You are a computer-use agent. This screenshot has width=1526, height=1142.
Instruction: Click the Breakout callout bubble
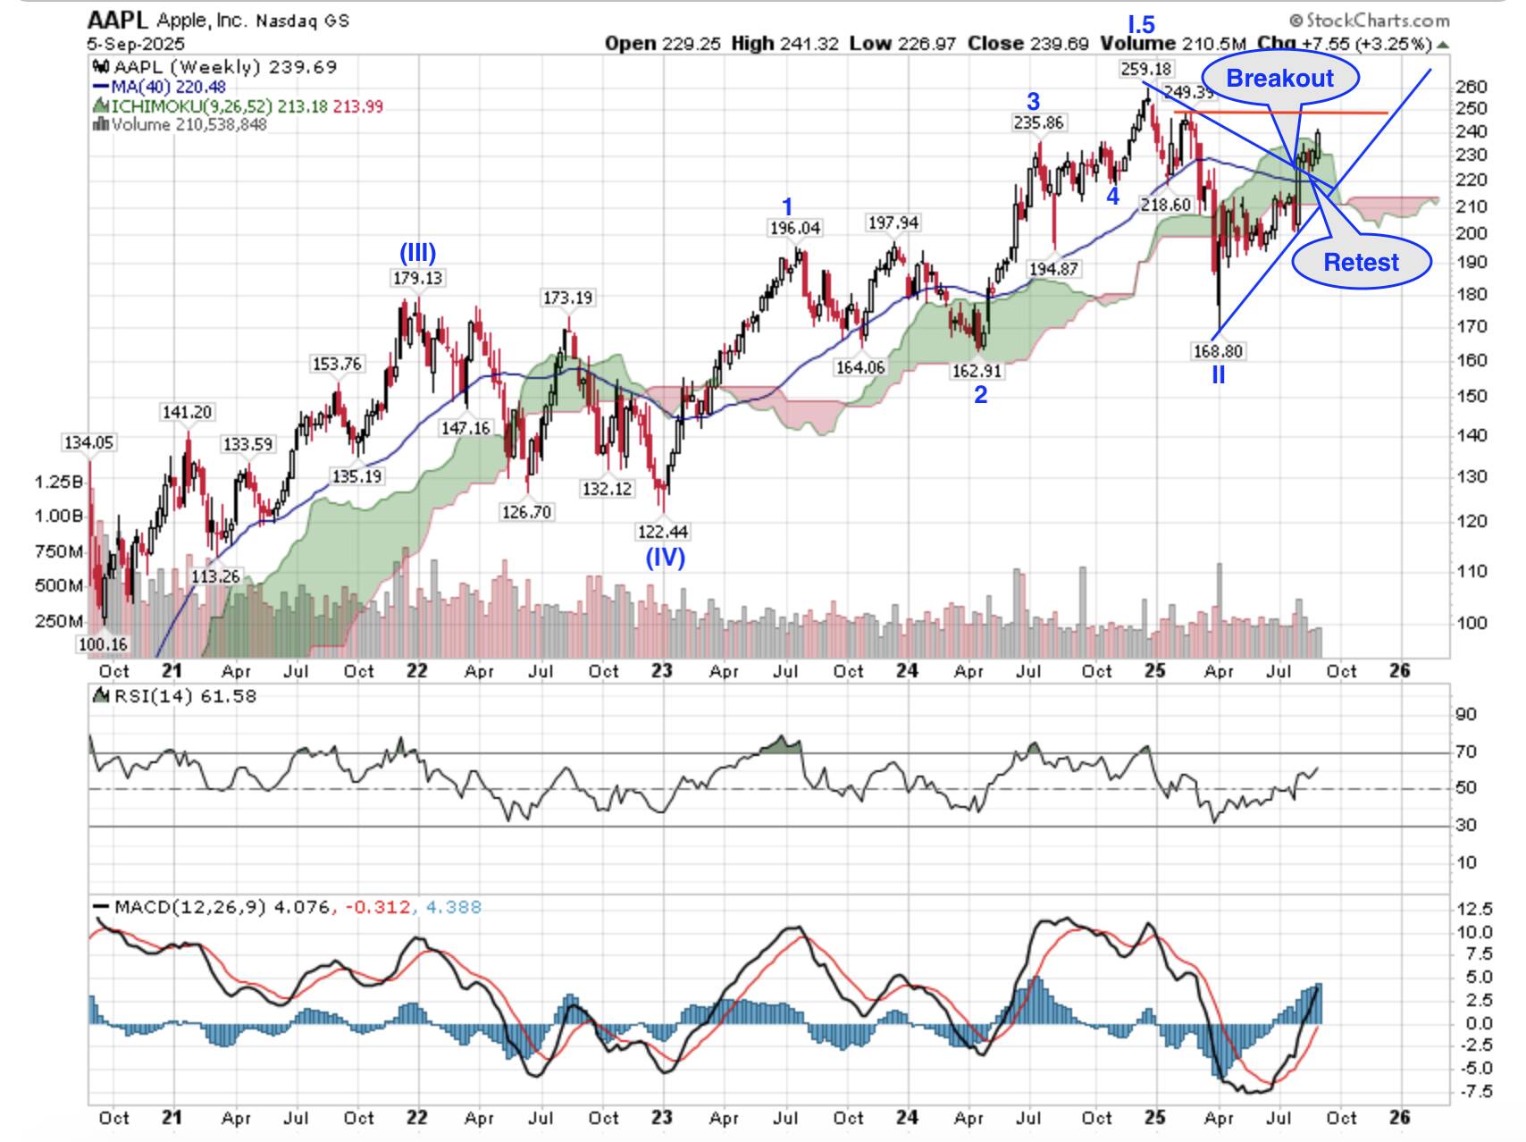(x=1279, y=79)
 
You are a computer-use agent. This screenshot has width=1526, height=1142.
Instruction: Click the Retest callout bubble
(x=1361, y=262)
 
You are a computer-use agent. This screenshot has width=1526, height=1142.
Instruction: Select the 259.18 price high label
(x=1145, y=69)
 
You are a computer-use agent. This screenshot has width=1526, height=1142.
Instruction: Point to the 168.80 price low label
(x=1218, y=351)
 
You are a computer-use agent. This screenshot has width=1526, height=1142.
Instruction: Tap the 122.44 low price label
(x=662, y=532)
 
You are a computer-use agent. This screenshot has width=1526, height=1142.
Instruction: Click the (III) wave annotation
(x=417, y=253)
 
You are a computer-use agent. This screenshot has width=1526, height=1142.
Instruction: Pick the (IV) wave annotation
(x=665, y=558)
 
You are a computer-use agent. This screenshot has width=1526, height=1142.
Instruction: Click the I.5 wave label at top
(x=1141, y=24)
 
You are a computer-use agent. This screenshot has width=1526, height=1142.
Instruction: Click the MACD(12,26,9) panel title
(x=190, y=907)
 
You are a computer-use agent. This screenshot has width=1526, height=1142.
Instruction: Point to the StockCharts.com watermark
(x=1370, y=20)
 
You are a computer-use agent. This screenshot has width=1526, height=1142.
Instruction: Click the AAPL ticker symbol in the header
(x=105, y=20)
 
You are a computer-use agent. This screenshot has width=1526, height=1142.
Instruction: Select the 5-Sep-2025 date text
(x=136, y=43)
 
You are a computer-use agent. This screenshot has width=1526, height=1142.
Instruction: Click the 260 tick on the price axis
(x=1471, y=87)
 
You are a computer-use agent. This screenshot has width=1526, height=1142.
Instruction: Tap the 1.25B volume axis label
(x=58, y=482)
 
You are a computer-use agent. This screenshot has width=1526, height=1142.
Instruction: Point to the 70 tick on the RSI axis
(x=1465, y=752)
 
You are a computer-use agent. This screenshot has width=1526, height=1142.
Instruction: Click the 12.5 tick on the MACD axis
(x=1473, y=909)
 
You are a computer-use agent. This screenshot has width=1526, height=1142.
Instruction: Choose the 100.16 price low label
(x=103, y=644)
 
